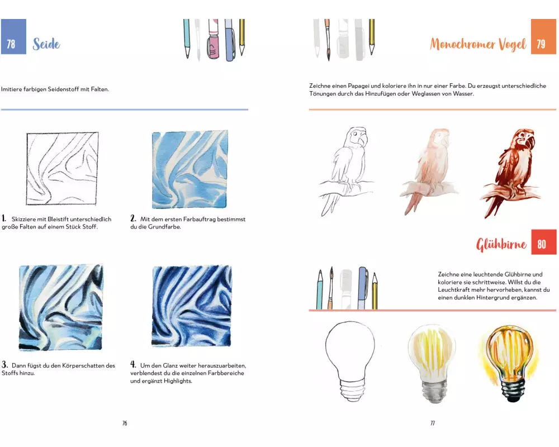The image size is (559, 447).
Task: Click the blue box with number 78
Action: click(13, 36)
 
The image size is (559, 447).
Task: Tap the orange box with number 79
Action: click(543, 36)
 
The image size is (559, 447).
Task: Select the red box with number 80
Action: click(544, 242)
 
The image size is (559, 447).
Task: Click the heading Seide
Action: click(46, 44)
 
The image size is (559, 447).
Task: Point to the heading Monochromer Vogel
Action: click(478, 44)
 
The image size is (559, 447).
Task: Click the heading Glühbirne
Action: click(501, 244)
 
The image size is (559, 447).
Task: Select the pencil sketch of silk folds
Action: click(62, 169)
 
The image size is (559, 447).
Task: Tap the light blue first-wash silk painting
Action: click(190, 169)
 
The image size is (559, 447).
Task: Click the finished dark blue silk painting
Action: click(192, 306)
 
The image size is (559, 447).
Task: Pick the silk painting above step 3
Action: click(61, 307)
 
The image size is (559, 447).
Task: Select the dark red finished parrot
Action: click(511, 173)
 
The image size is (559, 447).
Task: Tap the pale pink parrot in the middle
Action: click(429, 171)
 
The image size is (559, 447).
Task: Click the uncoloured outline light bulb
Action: click(350, 361)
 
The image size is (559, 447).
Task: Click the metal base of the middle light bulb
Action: click(434, 391)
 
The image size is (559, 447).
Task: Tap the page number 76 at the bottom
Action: click(125, 423)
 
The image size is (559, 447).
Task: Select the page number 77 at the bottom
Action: click(433, 423)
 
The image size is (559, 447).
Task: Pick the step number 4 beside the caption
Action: click(133, 364)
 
